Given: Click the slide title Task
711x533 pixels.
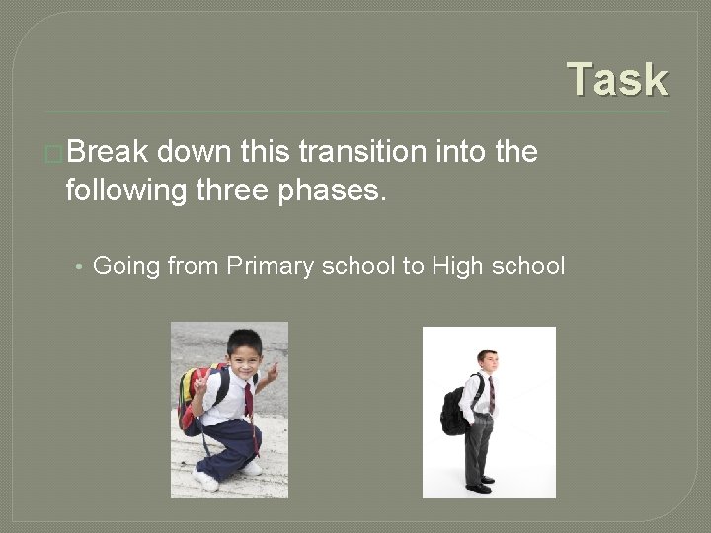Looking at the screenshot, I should pyautogui.click(x=618, y=80).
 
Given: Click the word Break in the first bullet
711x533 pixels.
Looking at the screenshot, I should pyautogui.click(x=109, y=153).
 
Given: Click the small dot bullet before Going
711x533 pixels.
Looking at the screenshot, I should pyautogui.click(x=78, y=266).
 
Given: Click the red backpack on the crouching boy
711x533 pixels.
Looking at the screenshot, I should pyautogui.click(x=191, y=400).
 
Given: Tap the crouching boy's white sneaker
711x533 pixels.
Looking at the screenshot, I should pyautogui.click(x=206, y=481).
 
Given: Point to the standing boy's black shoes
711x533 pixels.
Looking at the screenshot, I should pyautogui.click(x=481, y=485).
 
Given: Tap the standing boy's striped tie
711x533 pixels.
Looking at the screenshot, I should pyautogui.click(x=491, y=394).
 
